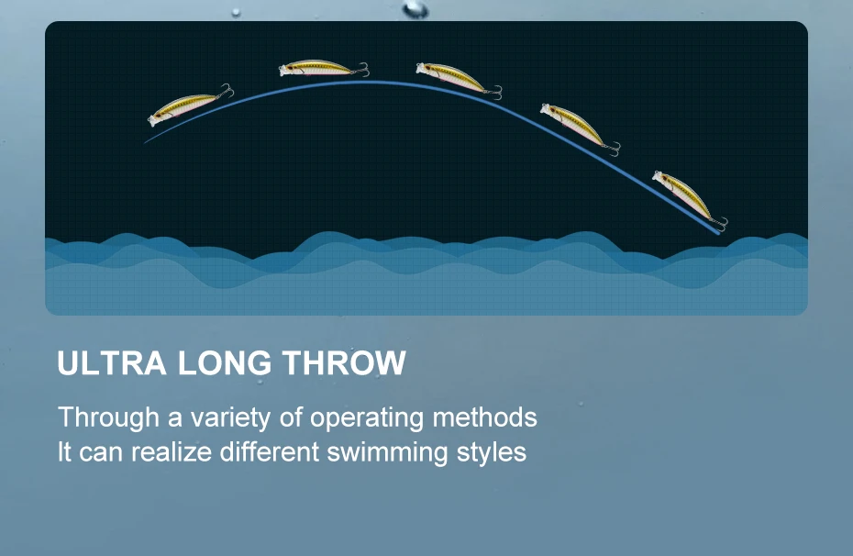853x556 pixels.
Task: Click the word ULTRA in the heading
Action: pyautogui.click(x=112, y=363)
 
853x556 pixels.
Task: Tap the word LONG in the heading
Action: pyautogui.click(x=224, y=363)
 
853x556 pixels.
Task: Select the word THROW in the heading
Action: pyautogui.click(x=344, y=363)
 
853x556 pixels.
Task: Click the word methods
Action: pyautogui.click(x=484, y=417)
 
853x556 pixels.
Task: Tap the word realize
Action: pyautogui.click(x=172, y=452)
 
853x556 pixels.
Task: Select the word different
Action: pyautogui.click(x=270, y=452)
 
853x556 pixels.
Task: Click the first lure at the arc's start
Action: pyautogui.click(x=189, y=106)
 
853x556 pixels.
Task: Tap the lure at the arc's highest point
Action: pyautogui.click(x=323, y=69)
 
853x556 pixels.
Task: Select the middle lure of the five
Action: pyautogui.click(x=458, y=80)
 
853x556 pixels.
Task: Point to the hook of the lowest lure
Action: pyautogui.click(x=721, y=224)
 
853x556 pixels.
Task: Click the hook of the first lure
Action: pyautogui.click(x=226, y=91)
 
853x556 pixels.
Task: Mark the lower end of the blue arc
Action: pyautogui.click(x=719, y=233)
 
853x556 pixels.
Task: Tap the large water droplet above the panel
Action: pyautogui.click(x=415, y=8)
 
